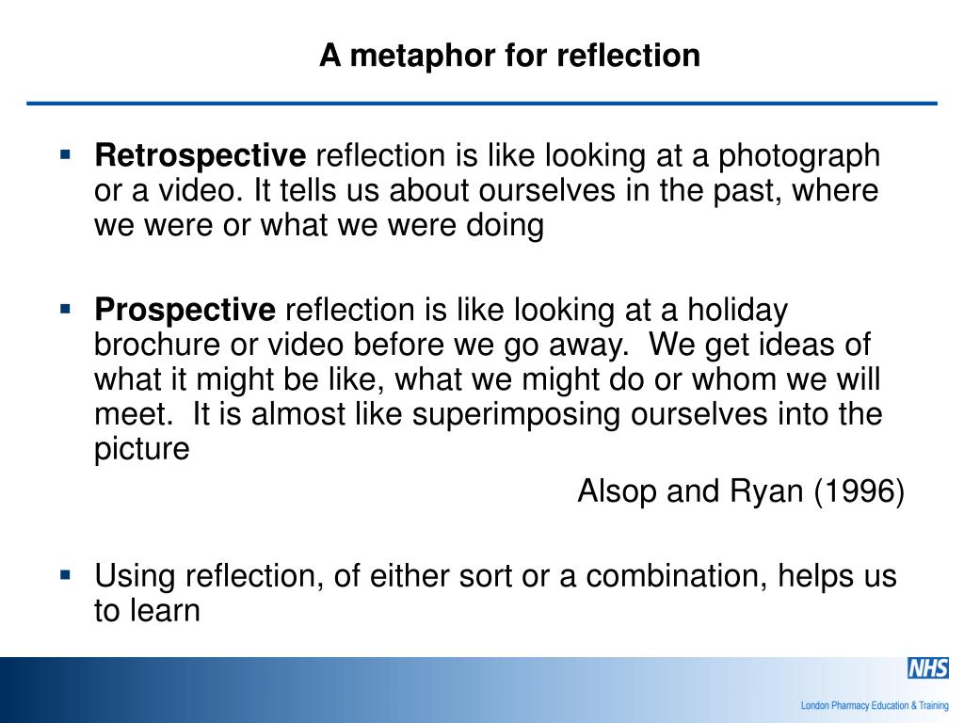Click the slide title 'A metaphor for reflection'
pyautogui.click(x=509, y=56)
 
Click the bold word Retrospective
pyautogui.click(x=200, y=155)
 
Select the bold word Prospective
pyautogui.click(x=185, y=309)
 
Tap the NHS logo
pyautogui.click(x=927, y=668)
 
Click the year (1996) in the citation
pyautogui.click(x=859, y=491)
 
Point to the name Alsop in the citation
pyautogui.click(x=619, y=491)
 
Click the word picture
pyautogui.click(x=141, y=449)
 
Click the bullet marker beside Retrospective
pyautogui.click(x=65, y=153)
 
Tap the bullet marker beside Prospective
pyautogui.click(x=65, y=307)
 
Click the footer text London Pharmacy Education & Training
pyautogui.click(x=874, y=704)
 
